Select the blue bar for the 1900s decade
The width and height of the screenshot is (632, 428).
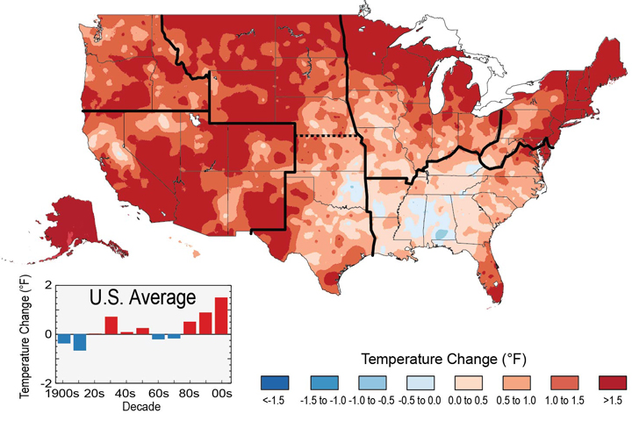pyautogui.click(x=64, y=339)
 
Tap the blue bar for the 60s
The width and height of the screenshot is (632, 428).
pyautogui.click(x=158, y=337)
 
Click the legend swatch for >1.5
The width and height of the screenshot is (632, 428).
pyautogui.click(x=613, y=383)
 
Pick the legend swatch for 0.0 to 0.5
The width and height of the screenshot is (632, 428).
pyautogui.click(x=470, y=383)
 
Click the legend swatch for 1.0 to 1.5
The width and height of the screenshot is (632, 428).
pyautogui.click(x=564, y=383)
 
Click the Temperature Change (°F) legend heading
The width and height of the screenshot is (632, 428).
pyautogui.click(x=444, y=360)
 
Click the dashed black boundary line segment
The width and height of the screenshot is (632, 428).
pyautogui.click(x=327, y=137)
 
